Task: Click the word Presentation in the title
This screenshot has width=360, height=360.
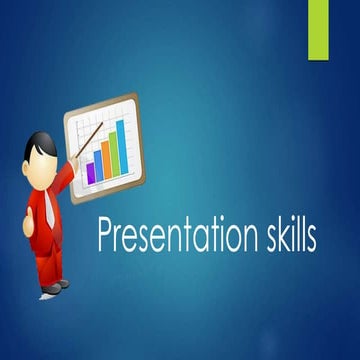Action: point(168,236)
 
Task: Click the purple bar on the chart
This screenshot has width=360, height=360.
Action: point(91,172)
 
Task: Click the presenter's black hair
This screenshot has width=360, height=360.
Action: point(39,142)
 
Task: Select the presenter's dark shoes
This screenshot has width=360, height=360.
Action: point(53,287)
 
